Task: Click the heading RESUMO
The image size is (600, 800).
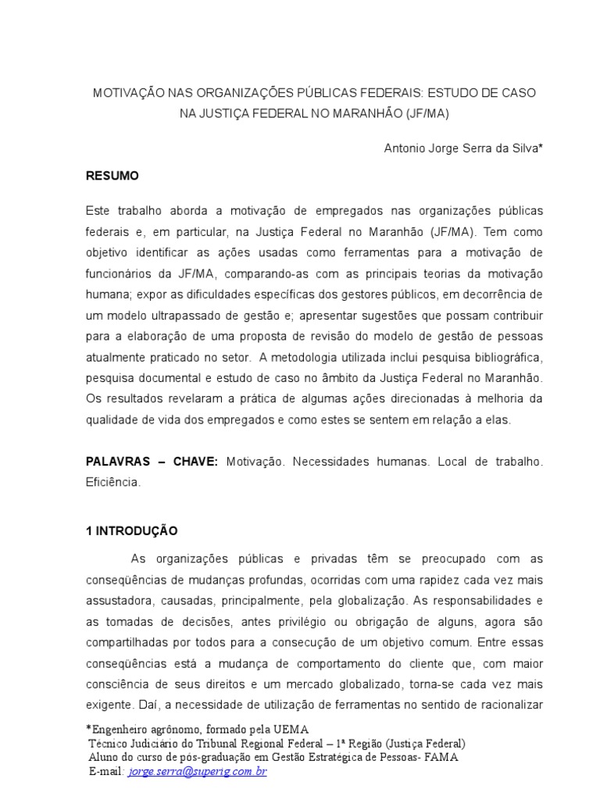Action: coord(112,177)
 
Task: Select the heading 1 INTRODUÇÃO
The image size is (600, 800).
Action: coord(132,531)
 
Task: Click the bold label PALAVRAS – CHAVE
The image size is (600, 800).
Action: coord(152,462)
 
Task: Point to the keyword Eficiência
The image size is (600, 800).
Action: coord(113,483)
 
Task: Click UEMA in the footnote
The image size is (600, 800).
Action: coord(273,730)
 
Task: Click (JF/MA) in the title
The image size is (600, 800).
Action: coord(428,113)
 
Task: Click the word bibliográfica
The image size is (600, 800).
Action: coord(503,358)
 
